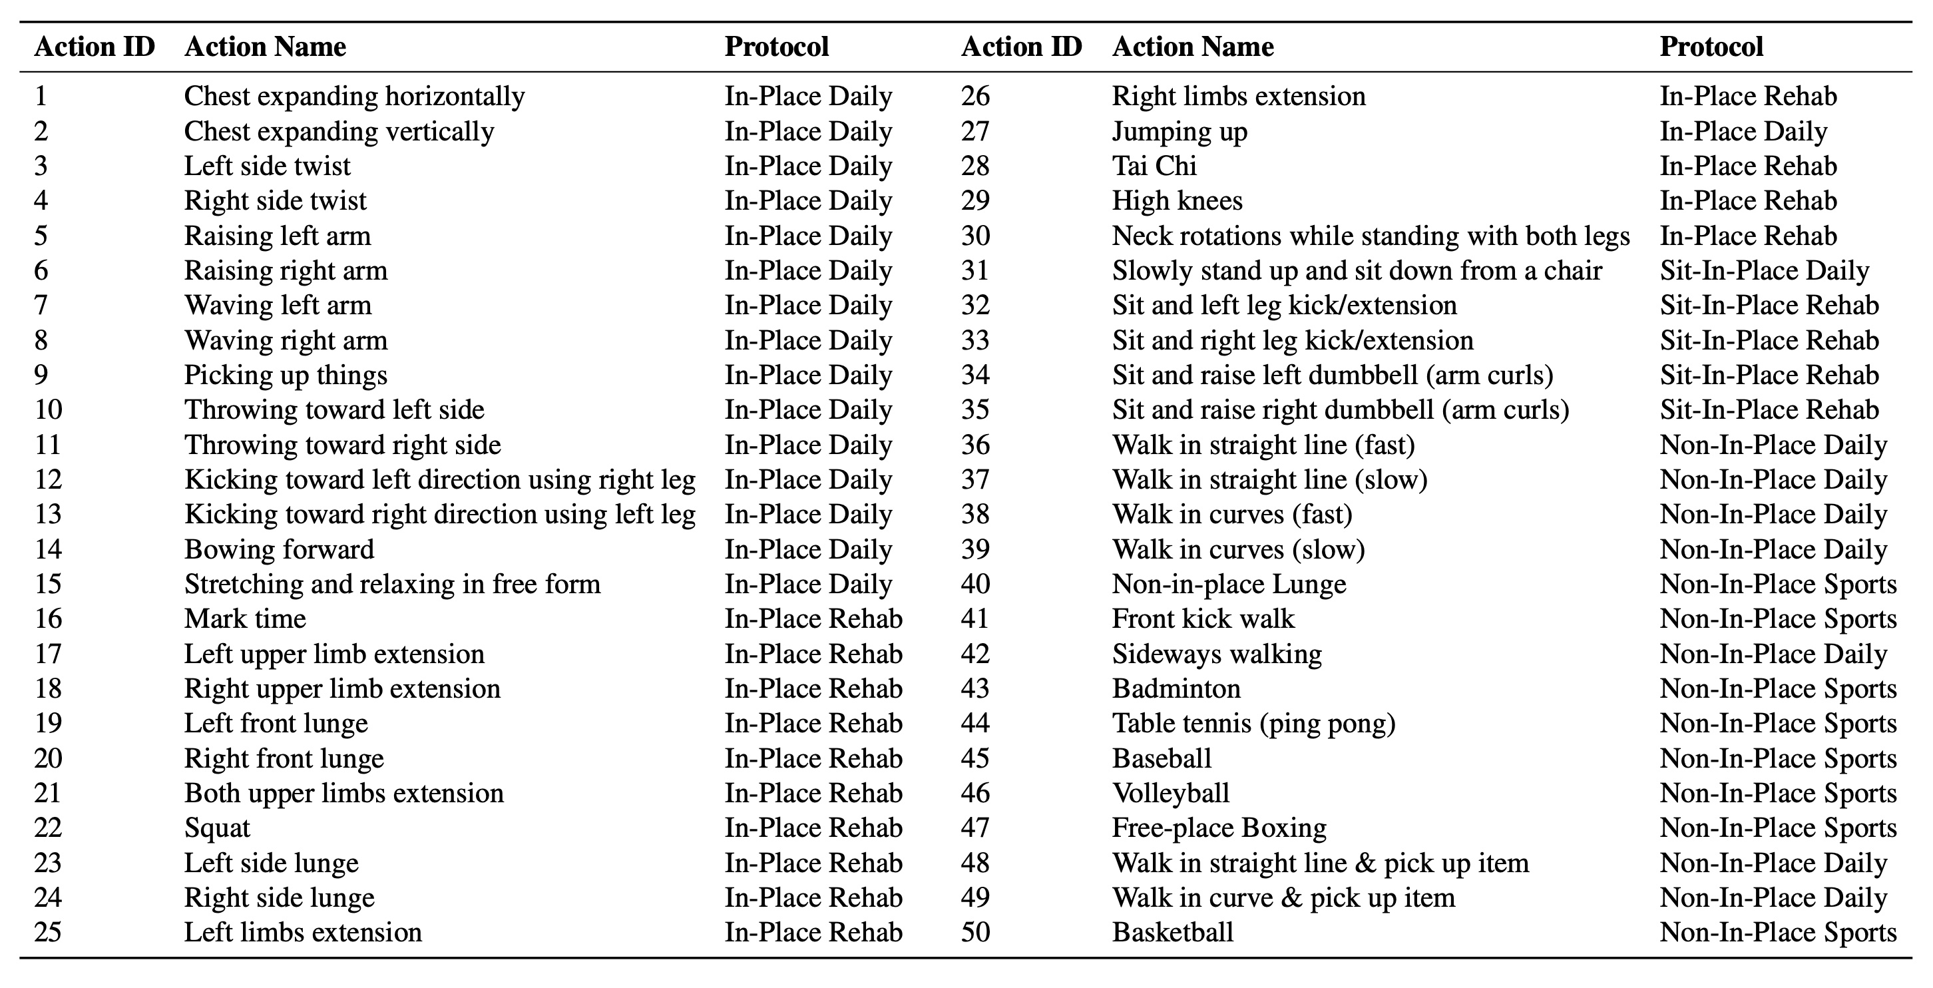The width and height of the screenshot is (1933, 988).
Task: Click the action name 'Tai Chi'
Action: coord(1154,166)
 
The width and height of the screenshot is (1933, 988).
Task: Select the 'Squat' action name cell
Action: coord(217,828)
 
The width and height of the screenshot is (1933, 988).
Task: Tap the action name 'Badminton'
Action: coord(1176,688)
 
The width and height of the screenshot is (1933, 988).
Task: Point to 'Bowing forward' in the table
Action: coord(279,549)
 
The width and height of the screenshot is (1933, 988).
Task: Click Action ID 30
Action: coord(976,236)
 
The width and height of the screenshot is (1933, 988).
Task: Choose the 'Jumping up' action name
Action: coord(1180,131)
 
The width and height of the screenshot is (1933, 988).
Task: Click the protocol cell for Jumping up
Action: coord(1743,131)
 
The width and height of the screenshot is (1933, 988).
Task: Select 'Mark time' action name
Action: coord(246,618)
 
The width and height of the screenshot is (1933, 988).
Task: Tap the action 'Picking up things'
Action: coord(286,375)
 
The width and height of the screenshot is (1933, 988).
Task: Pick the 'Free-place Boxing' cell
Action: coord(1219,828)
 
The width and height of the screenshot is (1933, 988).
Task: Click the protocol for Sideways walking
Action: coord(1773,654)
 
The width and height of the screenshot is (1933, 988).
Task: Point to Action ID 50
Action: coord(976,933)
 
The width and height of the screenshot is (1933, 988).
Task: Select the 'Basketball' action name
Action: coord(1173,933)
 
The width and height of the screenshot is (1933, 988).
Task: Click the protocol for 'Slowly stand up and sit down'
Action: coord(1764,270)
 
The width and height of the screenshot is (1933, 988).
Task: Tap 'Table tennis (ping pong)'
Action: coord(1254,723)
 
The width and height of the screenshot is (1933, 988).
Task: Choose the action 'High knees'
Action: coord(1178,200)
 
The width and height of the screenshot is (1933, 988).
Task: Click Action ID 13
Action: coord(48,514)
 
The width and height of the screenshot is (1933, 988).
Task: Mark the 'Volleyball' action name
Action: coord(1171,793)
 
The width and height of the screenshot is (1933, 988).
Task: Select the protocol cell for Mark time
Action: coord(813,618)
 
